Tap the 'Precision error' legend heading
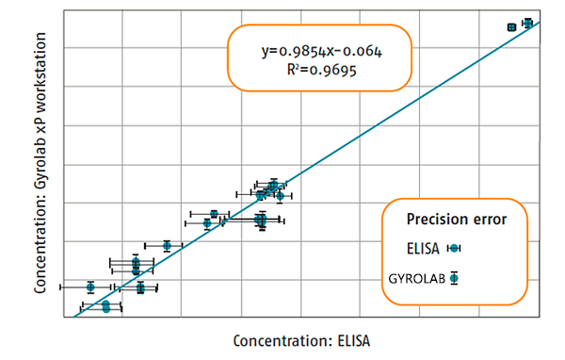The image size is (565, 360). (457, 219)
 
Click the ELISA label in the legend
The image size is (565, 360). (424, 248)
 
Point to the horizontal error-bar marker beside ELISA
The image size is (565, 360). (454, 248)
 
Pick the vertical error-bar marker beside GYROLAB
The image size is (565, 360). (454, 278)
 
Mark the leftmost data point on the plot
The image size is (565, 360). (90, 286)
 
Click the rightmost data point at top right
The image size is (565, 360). (528, 23)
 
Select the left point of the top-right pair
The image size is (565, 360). (511, 27)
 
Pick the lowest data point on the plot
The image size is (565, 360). (105, 308)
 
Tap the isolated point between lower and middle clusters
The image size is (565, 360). (167, 246)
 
